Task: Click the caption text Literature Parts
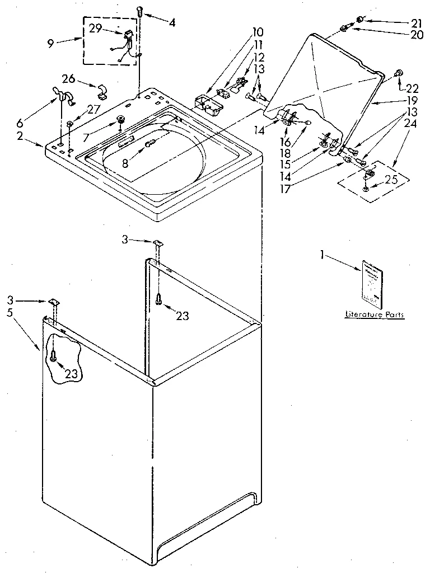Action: click(374, 315)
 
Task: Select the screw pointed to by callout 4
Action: click(139, 11)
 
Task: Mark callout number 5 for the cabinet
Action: click(10, 313)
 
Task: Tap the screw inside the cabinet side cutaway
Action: click(54, 355)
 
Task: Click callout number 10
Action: click(242, 32)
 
